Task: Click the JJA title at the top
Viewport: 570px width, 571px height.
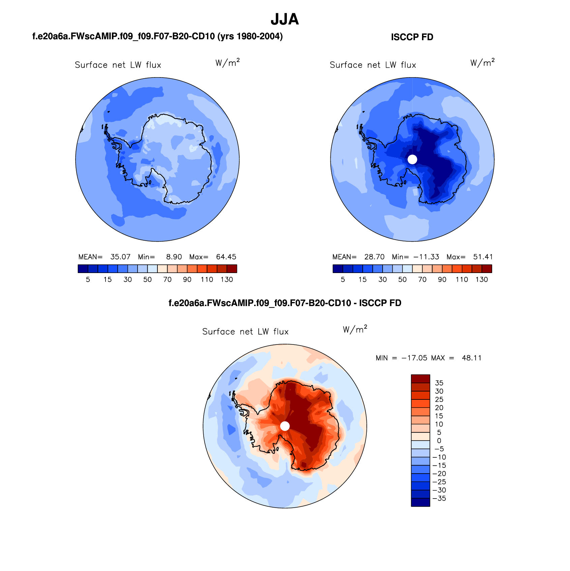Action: pyautogui.click(x=284, y=20)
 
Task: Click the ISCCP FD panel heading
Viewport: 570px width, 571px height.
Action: pyautogui.click(x=412, y=37)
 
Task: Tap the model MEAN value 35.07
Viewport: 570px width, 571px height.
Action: pyautogui.click(x=120, y=257)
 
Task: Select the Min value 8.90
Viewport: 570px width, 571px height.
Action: pyautogui.click(x=174, y=257)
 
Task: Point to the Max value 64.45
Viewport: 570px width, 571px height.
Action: pyautogui.click(x=226, y=257)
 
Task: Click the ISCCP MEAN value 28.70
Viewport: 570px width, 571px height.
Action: pyautogui.click(x=374, y=257)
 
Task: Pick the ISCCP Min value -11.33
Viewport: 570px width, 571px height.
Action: pyautogui.click(x=426, y=257)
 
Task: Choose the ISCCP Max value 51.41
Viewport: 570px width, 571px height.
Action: pyautogui.click(x=483, y=257)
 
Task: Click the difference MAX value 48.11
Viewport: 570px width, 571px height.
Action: pyautogui.click(x=472, y=358)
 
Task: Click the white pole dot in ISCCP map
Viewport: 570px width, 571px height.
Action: pyautogui.click(x=412, y=159)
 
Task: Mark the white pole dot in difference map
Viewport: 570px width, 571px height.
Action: pyautogui.click(x=285, y=426)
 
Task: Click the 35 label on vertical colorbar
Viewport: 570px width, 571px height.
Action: pyautogui.click(x=439, y=383)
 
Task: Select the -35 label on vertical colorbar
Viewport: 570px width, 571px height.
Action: pyautogui.click(x=439, y=499)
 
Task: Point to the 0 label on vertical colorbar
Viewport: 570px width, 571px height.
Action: pyautogui.click(x=439, y=441)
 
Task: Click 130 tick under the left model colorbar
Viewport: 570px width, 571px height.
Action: pyautogui.click(x=227, y=279)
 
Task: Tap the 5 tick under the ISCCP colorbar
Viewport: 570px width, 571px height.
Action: pyautogui.click(x=343, y=279)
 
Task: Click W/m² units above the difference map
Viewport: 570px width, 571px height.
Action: pyautogui.click(x=355, y=329)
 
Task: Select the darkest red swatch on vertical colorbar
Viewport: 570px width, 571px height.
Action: pyautogui.click(x=420, y=379)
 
